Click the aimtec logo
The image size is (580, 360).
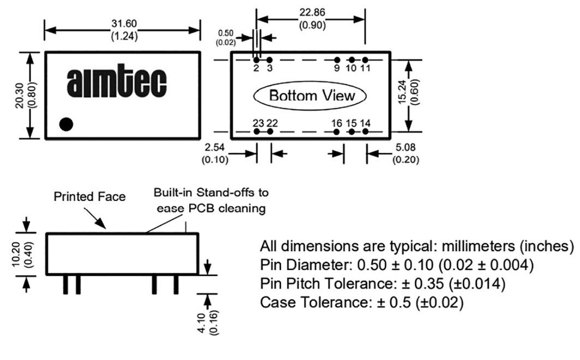117,83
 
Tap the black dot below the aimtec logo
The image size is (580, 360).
66,125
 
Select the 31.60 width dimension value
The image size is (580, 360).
122,25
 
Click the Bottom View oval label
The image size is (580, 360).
312,95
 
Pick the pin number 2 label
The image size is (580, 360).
256,68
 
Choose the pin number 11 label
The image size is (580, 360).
365,68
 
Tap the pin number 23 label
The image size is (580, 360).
258,123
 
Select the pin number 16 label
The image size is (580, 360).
336,123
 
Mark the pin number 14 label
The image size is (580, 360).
365,123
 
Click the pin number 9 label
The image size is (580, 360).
336,68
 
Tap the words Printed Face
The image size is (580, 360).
89,197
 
